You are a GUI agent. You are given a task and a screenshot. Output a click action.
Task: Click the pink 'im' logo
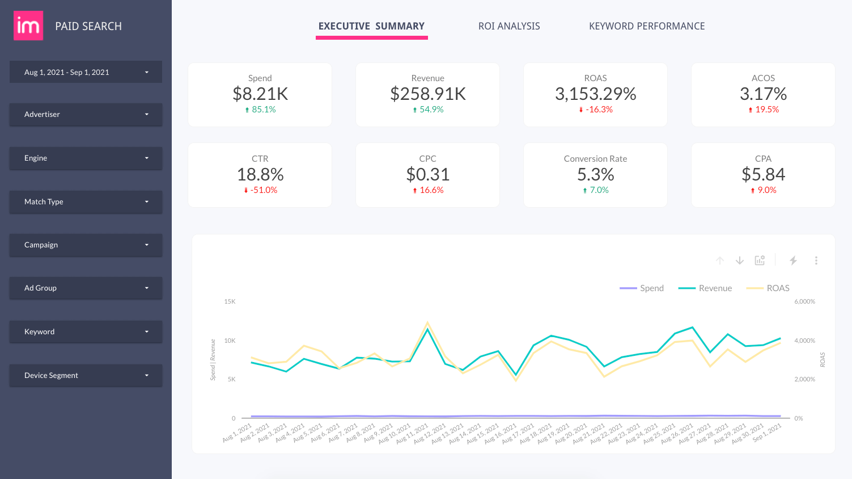tap(28, 26)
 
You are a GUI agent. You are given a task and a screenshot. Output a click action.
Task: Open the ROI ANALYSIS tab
tap(508, 26)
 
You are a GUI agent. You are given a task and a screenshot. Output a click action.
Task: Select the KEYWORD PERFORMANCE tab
tap(646, 26)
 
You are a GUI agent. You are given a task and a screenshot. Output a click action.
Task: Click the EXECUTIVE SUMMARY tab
tap(371, 26)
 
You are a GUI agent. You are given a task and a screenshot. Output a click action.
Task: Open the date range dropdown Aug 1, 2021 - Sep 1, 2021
tap(86, 72)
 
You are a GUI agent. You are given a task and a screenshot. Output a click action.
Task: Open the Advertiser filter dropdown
tap(86, 114)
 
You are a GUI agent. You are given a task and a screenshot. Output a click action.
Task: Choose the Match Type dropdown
tap(86, 201)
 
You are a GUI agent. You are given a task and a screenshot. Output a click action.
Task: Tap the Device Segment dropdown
tap(86, 375)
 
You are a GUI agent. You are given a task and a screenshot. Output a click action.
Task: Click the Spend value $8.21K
tap(260, 94)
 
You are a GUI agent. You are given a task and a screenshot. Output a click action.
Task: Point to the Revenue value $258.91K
tap(428, 94)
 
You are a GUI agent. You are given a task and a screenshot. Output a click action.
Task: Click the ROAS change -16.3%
tap(599, 110)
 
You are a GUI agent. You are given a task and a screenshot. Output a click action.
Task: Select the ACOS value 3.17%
tap(763, 94)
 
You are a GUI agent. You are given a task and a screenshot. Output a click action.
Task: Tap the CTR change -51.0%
tap(264, 190)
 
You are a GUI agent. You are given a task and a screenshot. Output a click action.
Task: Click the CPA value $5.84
tap(763, 174)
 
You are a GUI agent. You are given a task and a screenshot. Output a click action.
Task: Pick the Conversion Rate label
tap(595, 159)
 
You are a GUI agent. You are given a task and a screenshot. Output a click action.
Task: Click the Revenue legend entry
tap(714, 288)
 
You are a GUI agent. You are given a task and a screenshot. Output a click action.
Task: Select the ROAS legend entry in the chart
tap(777, 288)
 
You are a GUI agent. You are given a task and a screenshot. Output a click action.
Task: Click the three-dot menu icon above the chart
tap(816, 260)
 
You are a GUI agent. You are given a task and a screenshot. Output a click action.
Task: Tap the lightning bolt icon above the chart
tap(793, 260)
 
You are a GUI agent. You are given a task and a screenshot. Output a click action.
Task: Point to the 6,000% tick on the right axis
tap(804, 301)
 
